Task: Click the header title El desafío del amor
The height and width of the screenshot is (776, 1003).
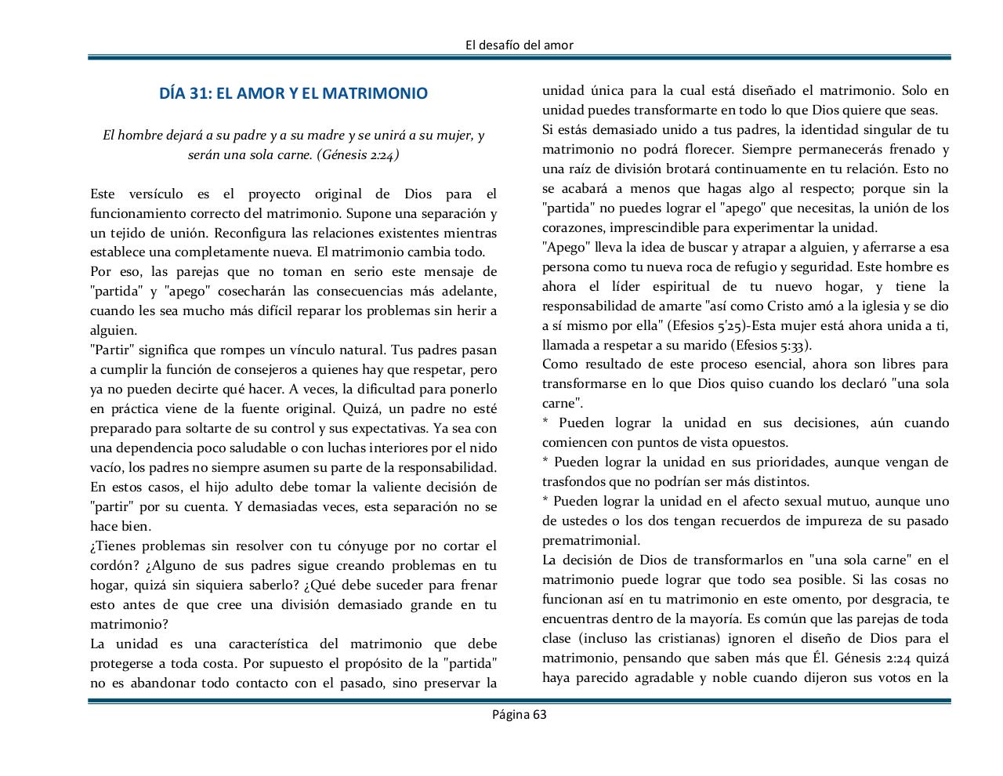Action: pos(519,45)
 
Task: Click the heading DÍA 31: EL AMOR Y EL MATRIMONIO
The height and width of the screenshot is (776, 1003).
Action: pos(293,93)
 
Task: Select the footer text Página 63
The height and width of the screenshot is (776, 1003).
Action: pos(519,714)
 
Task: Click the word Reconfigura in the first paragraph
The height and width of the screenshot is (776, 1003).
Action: pos(248,233)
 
